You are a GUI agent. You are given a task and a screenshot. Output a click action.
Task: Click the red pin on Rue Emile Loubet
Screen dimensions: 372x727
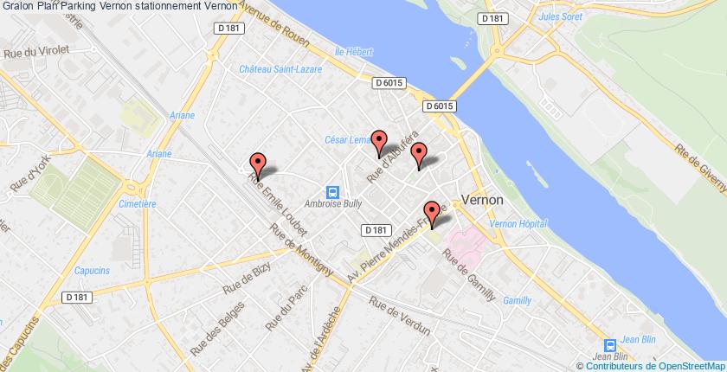[x=257, y=164]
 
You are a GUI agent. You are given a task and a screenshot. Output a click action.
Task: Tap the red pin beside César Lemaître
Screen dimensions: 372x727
[x=378, y=141]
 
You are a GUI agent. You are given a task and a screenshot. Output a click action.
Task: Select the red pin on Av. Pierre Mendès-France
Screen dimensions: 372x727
[x=431, y=212]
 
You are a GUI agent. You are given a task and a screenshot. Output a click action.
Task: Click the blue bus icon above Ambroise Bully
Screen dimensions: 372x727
[x=331, y=192]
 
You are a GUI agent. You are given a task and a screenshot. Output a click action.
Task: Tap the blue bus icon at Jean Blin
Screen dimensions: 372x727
[x=609, y=343]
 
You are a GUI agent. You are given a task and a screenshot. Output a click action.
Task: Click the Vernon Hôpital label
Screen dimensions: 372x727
[x=518, y=223]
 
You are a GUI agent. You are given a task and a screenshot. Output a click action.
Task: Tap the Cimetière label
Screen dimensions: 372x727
[x=137, y=204]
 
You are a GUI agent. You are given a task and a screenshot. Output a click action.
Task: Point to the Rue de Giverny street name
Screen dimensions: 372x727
[x=702, y=163]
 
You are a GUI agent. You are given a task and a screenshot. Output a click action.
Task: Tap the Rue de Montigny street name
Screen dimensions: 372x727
[x=300, y=251]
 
